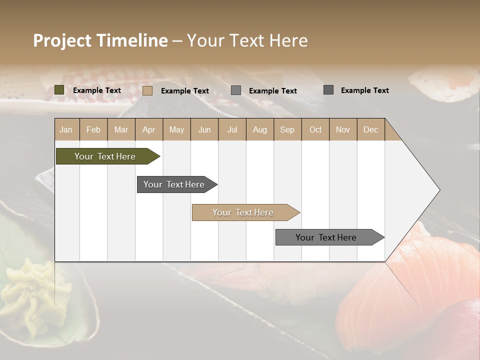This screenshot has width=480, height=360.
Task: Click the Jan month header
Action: [66, 129]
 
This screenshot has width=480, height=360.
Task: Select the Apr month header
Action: [149, 129]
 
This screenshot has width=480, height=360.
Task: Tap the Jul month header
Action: [232, 129]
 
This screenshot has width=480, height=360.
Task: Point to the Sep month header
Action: [287, 129]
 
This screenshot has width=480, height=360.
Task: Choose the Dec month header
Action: [371, 129]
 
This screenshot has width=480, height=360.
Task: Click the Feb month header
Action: [93, 129]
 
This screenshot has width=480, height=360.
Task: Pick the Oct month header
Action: [315, 129]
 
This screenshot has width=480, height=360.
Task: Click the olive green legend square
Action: [59, 90]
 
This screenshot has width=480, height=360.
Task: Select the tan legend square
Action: [147, 90]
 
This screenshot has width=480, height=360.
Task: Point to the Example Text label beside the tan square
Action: [185, 91]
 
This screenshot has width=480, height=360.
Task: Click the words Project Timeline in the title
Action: [100, 40]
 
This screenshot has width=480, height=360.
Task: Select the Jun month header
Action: [204, 129]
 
